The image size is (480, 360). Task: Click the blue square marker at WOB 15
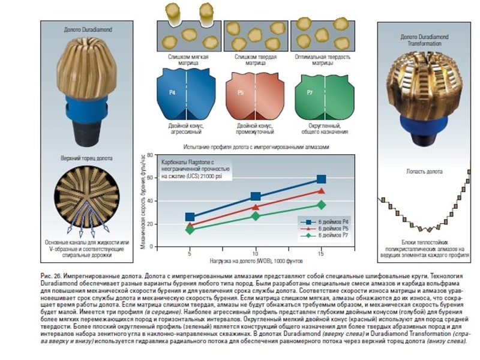tap(321, 179)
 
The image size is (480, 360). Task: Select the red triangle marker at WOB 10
tap(256, 207)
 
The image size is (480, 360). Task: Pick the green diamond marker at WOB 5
tap(190, 230)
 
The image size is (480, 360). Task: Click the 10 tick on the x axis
tap(256, 254)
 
